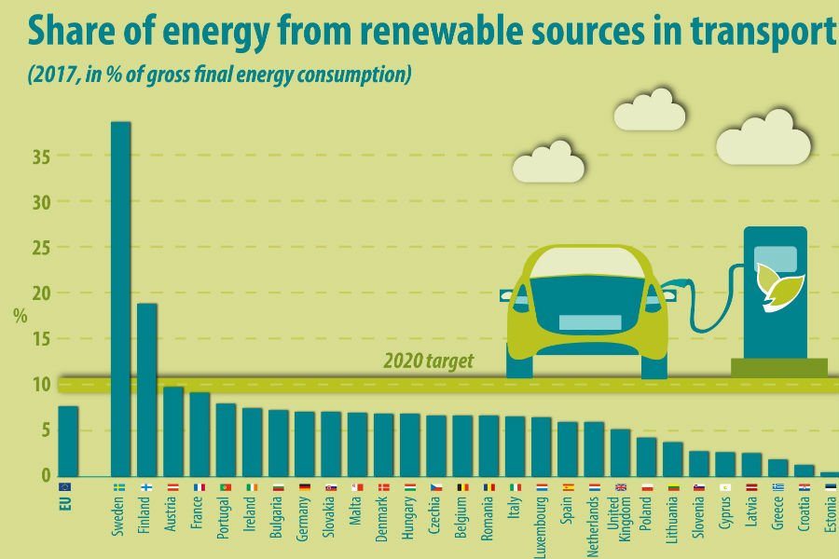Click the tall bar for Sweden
point(120,298)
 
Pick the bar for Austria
point(173,431)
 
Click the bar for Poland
point(647,457)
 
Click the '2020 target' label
point(428,361)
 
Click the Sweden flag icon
point(119,487)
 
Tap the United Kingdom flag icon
point(621,487)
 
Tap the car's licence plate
point(589,322)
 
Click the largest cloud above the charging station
point(763,137)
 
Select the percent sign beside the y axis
point(21,314)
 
